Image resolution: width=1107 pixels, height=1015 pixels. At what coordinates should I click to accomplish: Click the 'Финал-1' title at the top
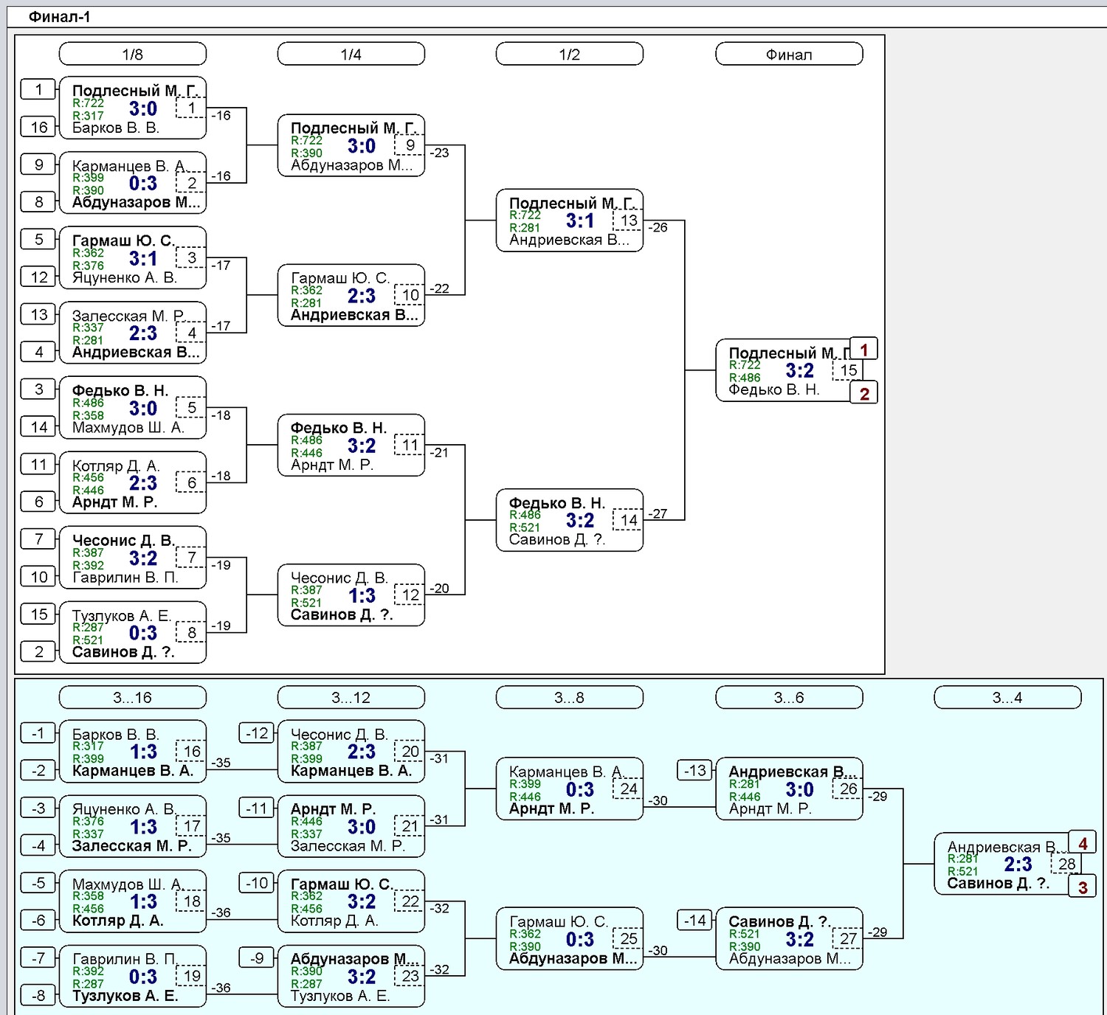pyautogui.click(x=59, y=17)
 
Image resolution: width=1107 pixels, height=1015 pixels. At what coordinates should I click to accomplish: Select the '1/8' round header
pyautogui.click(x=132, y=54)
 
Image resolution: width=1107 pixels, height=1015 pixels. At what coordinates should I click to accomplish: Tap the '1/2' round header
pyautogui.click(x=570, y=54)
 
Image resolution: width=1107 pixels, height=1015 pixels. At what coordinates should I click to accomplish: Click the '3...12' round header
pyautogui.click(x=351, y=697)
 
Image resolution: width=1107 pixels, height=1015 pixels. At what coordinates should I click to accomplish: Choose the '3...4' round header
pyautogui.click(x=1007, y=697)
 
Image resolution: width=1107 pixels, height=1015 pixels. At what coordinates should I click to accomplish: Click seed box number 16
pyautogui.click(x=38, y=127)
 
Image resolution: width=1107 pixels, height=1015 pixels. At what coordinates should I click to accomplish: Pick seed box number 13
pyautogui.click(x=38, y=314)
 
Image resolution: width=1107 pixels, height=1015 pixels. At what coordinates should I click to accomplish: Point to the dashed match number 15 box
pyautogui.click(x=848, y=370)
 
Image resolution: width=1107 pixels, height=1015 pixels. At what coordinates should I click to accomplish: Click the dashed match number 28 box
pyautogui.click(x=1066, y=863)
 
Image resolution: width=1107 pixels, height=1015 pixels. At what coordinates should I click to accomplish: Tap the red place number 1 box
pyautogui.click(x=863, y=349)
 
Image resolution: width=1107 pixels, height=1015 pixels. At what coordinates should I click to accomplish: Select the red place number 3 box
pyautogui.click(x=1082, y=887)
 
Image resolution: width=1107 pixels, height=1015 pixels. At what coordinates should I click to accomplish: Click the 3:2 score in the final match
pyautogui.click(x=799, y=370)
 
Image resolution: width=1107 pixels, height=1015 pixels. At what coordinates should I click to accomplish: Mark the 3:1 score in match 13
pyautogui.click(x=580, y=221)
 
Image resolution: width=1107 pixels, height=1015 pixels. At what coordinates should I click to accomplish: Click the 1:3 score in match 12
pyautogui.click(x=362, y=595)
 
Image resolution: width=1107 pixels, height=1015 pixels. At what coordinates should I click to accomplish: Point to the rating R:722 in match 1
pyautogui.click(x=88, y=103)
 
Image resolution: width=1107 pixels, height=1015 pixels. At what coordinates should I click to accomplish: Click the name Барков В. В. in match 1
pyautogui.click(x=115, y=128)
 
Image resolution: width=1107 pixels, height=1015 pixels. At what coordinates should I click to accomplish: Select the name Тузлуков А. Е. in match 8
pyautogui.click(x=122, y=616)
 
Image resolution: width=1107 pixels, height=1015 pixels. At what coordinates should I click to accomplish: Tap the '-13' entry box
pyautogui.click(x=694, y=770)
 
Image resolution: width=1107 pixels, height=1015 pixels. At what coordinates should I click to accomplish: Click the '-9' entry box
pyautogui.click(x=257, y=958)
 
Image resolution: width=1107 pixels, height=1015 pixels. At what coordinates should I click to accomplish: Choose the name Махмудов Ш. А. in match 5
pyautogui.click(x=128, y=428)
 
